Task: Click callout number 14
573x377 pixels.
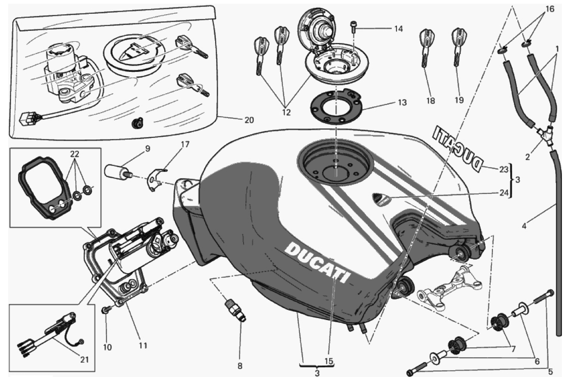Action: click(398, 28)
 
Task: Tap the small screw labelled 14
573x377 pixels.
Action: click(353, 27)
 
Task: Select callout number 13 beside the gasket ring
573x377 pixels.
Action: click(402, 102)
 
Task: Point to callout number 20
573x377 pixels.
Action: click(249, 120)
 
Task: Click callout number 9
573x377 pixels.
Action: click(147, 149)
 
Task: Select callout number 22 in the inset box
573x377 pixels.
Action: click(75, 155)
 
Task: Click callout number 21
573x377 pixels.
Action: click(84, 360)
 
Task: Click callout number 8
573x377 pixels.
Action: click(240, 366)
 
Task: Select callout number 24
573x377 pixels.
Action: click(503, 193)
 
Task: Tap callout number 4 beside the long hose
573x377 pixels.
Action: click(524, 226)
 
